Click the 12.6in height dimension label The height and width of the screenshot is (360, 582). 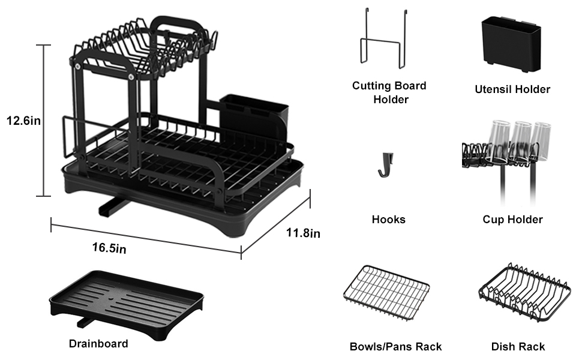pos(23,121)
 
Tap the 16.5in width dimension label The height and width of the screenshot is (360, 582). pos(109,248)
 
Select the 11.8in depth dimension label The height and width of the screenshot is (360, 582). pos(303,233)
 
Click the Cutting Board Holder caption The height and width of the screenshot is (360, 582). pos(389,92)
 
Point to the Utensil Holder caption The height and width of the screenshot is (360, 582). pos(512,89)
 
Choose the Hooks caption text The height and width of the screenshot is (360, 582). pos(389,220)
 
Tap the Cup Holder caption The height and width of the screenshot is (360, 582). pos(512,220)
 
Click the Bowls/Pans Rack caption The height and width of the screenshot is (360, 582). pos(395,347)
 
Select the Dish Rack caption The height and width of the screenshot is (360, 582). pos(518,347)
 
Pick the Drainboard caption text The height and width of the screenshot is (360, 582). pos(98,343)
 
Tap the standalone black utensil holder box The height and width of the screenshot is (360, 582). pos(511,44)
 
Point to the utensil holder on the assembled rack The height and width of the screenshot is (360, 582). pos(254,118)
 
